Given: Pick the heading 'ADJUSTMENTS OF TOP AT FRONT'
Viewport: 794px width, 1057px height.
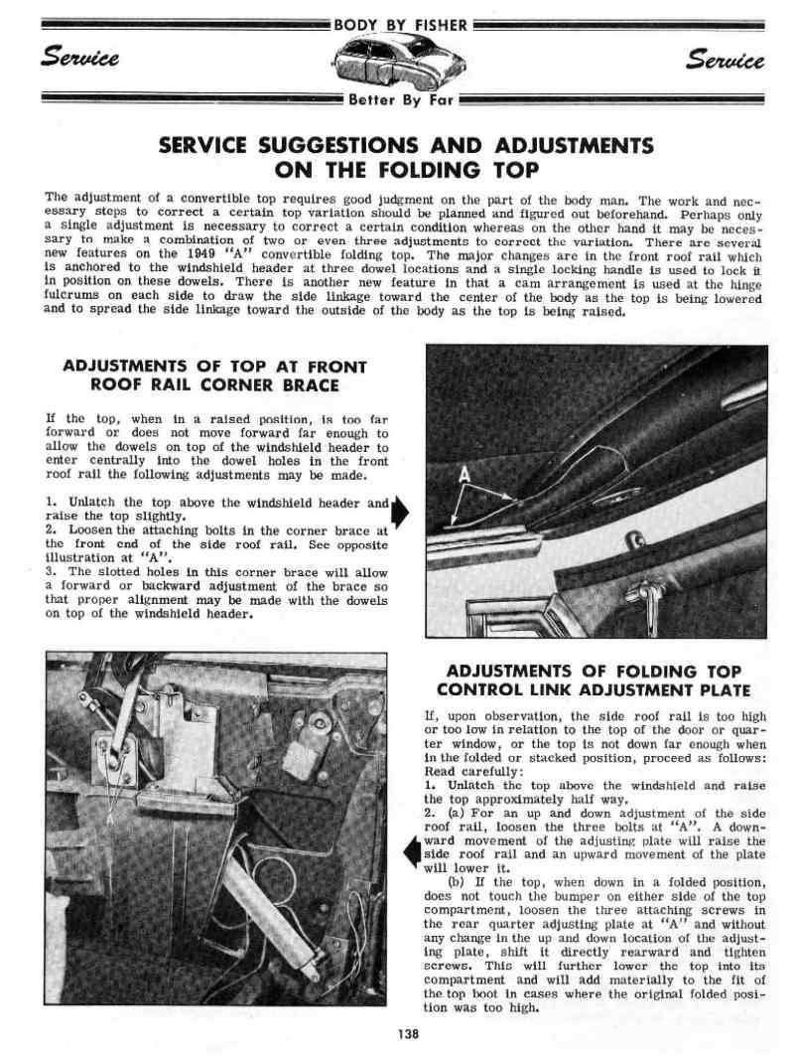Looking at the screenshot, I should pyautogui.click(x=214, y=367).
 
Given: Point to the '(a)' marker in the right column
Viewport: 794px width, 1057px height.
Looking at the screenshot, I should pyautogui.click(x=445, y=813).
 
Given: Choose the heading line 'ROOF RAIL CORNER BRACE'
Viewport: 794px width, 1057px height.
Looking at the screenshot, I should pyautogui.click(x=214, y=385).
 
